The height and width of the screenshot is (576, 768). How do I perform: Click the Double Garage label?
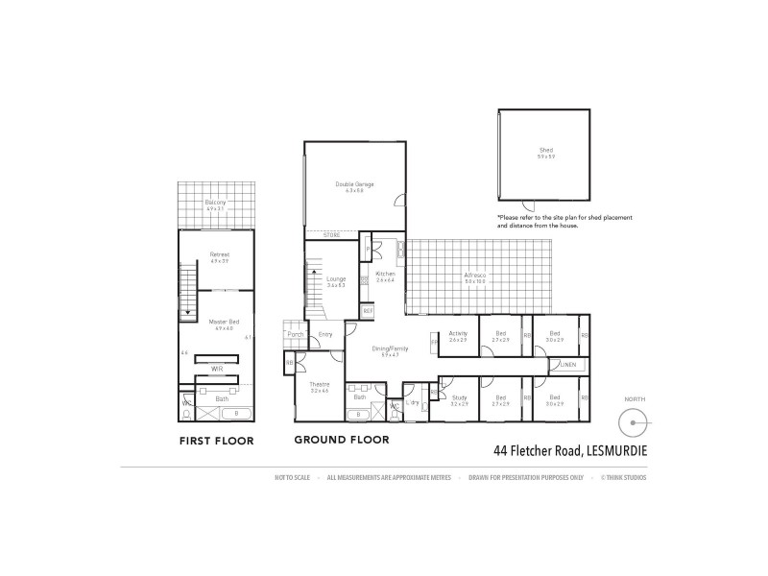354,183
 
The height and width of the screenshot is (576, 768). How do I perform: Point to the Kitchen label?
386,274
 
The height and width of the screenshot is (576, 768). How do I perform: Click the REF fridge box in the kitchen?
368,311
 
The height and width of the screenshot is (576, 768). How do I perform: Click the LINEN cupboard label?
567,366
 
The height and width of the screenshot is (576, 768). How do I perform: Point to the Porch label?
295,334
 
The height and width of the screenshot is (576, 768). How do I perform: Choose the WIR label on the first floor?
217,368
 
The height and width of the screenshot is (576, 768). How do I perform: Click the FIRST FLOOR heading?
217,442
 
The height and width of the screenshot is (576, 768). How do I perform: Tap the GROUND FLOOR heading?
341,441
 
